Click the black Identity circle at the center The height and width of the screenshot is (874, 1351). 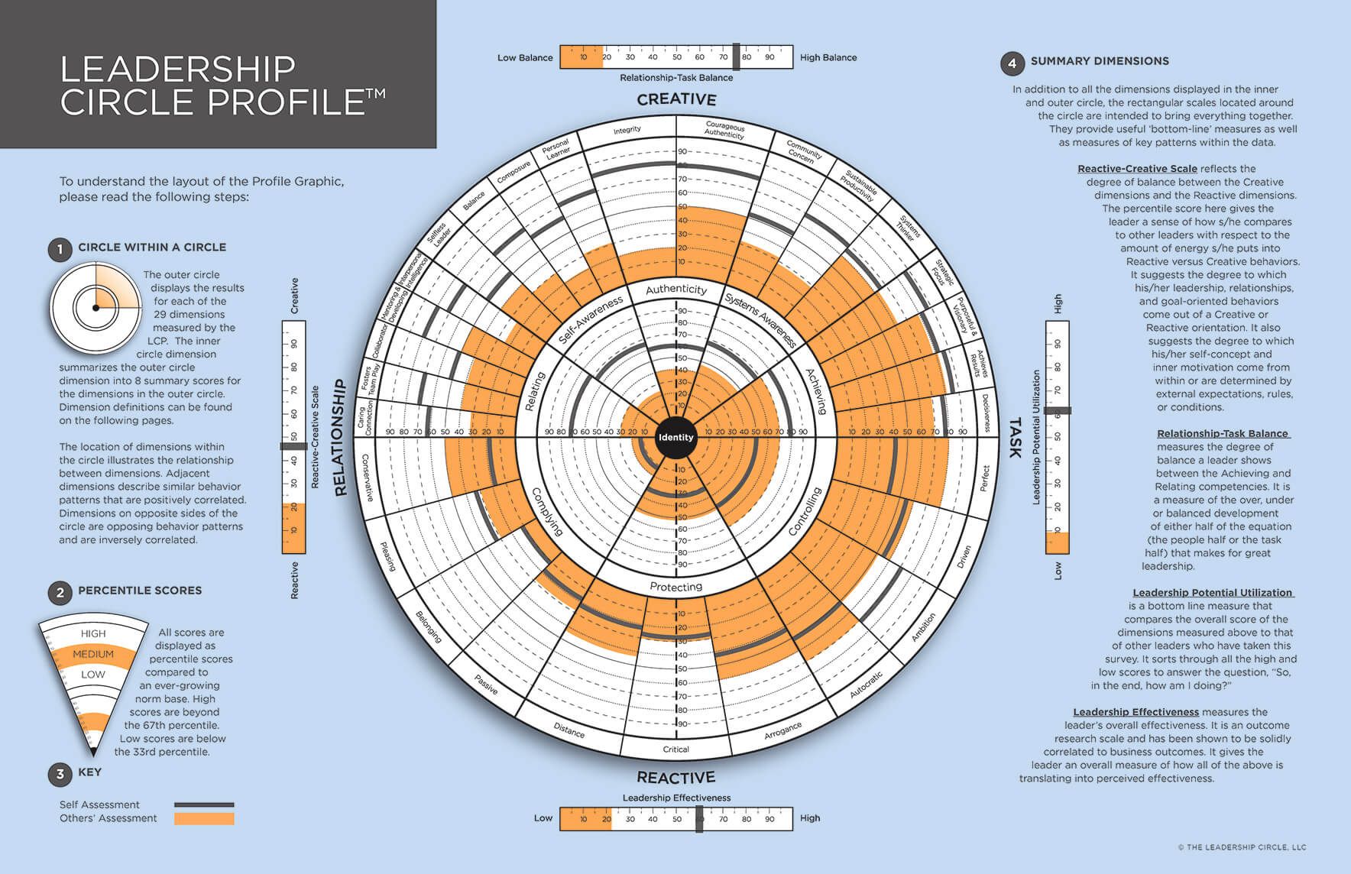(675, 437)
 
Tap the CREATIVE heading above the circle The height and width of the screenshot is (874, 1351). (676, 99)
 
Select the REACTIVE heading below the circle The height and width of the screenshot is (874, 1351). (676, 777)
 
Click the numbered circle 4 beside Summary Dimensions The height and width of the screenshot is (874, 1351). (1012, 63)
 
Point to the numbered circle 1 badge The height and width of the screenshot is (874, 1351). (60, 249)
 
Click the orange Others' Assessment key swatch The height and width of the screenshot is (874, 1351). (204, 818)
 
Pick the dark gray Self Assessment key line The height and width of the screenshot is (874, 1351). (204, 804)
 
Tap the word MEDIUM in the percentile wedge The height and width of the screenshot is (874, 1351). (93, 654)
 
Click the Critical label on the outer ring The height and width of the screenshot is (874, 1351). (675, 749)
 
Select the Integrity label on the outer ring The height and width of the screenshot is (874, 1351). (627, 131)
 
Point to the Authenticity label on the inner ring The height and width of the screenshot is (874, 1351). (675, 289)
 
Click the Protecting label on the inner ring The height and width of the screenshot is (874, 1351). (675, 587)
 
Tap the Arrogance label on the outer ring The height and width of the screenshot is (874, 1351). (782, 730)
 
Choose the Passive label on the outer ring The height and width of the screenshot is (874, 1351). (486, 685)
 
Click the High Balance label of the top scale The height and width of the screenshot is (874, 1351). (828, 57)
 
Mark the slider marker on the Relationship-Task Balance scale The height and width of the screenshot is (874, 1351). (737, 57)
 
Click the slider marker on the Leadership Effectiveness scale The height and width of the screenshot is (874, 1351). (699, 818)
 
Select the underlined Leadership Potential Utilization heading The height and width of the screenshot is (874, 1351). (1213, 592)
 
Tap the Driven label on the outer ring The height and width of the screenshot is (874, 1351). (964, 556)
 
